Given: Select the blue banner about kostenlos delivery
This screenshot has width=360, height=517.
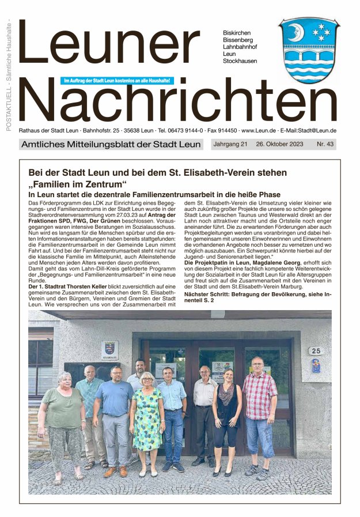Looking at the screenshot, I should click(117, 80).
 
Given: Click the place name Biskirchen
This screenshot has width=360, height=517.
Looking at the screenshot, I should click(237, 33).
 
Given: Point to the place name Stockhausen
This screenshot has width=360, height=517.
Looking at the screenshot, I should click(240, 61).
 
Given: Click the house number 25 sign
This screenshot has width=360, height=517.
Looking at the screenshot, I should click(315, 350).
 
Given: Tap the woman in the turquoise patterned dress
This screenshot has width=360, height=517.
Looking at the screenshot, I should click(147, 421).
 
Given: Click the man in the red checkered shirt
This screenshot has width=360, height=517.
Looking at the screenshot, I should click(260, 412).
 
